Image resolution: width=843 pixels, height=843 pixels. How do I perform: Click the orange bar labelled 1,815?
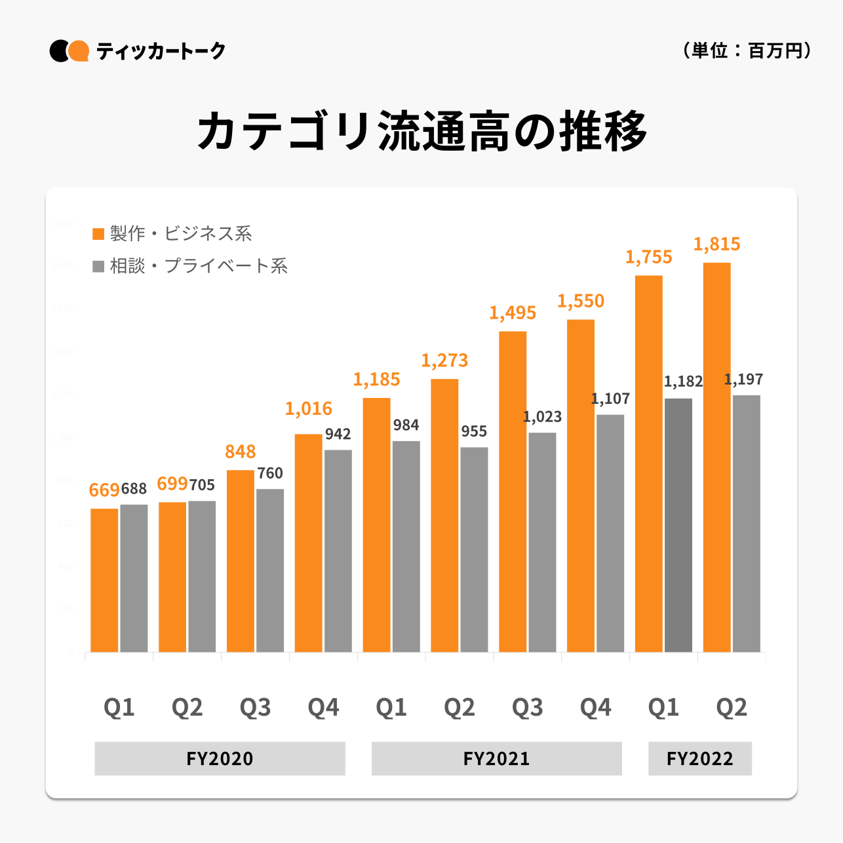(716, 457)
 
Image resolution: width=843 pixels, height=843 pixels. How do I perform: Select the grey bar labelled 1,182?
(678, 524)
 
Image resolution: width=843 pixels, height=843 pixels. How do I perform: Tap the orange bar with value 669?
(104, 580)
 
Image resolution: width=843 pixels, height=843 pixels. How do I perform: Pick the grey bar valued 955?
(474, 549)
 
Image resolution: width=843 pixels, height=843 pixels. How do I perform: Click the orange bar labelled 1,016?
(308, 543)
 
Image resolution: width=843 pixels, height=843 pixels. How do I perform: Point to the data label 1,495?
(513, 313)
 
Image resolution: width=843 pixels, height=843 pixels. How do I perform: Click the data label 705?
(202, 485)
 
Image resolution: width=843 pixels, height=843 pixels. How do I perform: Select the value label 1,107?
(610, 399)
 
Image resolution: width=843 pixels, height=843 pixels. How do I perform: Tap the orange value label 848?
(241, 452)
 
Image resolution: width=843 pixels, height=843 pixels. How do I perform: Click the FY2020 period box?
(220, 758)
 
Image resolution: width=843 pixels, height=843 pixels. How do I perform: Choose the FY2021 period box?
(496, 758)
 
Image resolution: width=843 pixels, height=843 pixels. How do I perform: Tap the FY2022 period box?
(699, 758)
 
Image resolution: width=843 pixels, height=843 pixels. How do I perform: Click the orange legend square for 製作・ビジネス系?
(99, 234)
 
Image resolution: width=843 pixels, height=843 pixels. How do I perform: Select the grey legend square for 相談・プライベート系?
(99, 266)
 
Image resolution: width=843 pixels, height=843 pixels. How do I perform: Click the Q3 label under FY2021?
(527, 707)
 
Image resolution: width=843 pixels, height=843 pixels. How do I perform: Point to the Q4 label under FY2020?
(323, 707)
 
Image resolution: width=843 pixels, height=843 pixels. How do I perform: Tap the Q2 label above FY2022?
(732, 707)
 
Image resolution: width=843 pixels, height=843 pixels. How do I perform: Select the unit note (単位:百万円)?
(747, 50)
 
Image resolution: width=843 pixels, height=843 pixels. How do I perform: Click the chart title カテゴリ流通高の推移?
(421, 131)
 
